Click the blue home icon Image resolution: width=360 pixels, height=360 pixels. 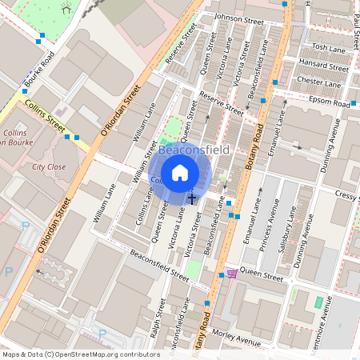click(180, 172)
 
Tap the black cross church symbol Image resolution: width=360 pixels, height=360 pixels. click(191, 198)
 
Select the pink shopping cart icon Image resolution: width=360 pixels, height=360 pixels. click(232, 274)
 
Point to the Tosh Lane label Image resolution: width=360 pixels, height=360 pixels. click(327, 48)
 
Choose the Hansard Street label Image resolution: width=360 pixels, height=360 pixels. click(323, 65)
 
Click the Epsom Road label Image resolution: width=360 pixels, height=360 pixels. click(330, 102)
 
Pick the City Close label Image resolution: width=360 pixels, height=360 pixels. click(49, 167)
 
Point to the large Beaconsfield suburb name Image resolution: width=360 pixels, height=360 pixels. click(194, 150)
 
